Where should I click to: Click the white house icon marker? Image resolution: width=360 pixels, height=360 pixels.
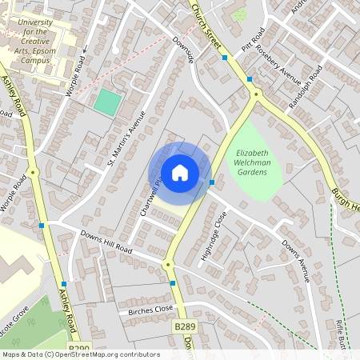(179, 172)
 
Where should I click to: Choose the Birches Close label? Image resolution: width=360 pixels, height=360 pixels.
(145, 309)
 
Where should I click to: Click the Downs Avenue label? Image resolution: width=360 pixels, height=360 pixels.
(294, 260)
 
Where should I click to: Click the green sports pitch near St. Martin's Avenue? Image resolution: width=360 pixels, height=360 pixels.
(107, 102)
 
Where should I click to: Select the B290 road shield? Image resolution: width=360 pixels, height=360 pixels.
(79, 349)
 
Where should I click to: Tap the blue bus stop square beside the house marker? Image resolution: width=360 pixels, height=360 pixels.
(211, 182)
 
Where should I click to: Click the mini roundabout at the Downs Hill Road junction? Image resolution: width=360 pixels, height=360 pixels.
(168, 265)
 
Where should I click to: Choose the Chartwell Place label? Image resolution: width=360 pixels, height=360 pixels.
(150, 195)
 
